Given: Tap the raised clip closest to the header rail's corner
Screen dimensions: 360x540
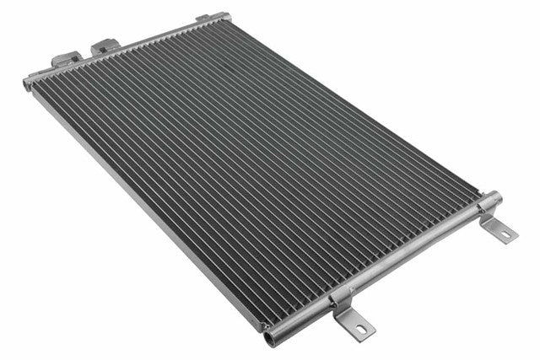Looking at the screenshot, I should tap(67, 59).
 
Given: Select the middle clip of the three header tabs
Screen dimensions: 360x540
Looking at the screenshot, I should tap(104, 45).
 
